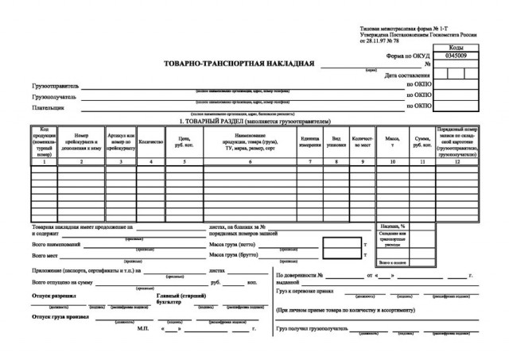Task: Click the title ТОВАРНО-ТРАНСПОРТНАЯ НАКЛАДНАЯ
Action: coord(239,64)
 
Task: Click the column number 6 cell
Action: coord(249,161)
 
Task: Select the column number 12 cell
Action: coord(457,161)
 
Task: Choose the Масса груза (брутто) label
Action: coord(238,257)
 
